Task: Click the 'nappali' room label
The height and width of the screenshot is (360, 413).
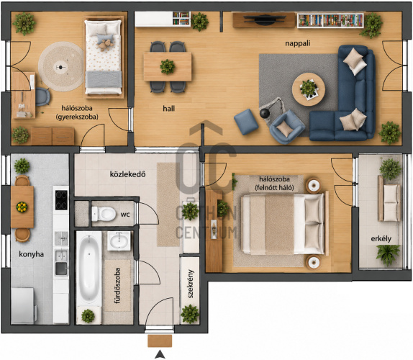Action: point(298,43)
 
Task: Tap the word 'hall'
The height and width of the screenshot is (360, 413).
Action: point(168,108)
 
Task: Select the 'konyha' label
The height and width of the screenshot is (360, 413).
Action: point(32,254)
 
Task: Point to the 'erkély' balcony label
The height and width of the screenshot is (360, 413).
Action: point(381,239)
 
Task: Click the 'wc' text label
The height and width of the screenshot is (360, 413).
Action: point(125,215)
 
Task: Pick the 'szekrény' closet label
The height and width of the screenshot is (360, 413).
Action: point(191,284)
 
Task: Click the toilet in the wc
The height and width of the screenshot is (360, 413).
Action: point(104,214)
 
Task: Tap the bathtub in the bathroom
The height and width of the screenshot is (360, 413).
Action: point(89,269)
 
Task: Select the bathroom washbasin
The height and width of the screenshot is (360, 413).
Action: point(119,241)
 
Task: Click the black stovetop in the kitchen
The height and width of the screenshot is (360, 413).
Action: point(61,200)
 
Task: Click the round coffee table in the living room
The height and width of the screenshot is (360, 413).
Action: point(309,89)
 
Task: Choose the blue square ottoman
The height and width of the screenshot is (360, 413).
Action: point(246,122)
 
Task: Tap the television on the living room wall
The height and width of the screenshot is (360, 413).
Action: point(264,20)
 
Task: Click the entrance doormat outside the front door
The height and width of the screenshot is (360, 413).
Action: point(160,341)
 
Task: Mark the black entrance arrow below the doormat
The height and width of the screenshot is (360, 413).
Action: point(160,355)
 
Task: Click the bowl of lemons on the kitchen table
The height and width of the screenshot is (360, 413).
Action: point(22,207)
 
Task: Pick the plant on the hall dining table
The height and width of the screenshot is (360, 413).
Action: point(167,67)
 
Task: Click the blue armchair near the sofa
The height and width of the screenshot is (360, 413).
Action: point(287,127)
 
